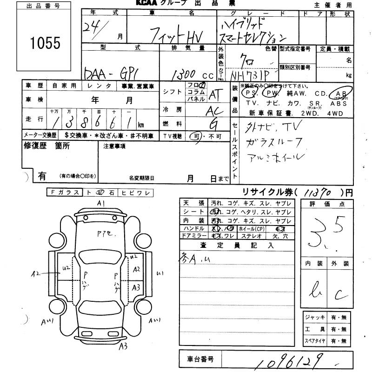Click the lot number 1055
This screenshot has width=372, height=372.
pos(46,43)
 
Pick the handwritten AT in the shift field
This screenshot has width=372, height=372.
pos(214,95)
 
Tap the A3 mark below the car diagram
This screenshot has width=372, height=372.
pos(123,345)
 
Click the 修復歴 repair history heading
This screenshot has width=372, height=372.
pos(46,146)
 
